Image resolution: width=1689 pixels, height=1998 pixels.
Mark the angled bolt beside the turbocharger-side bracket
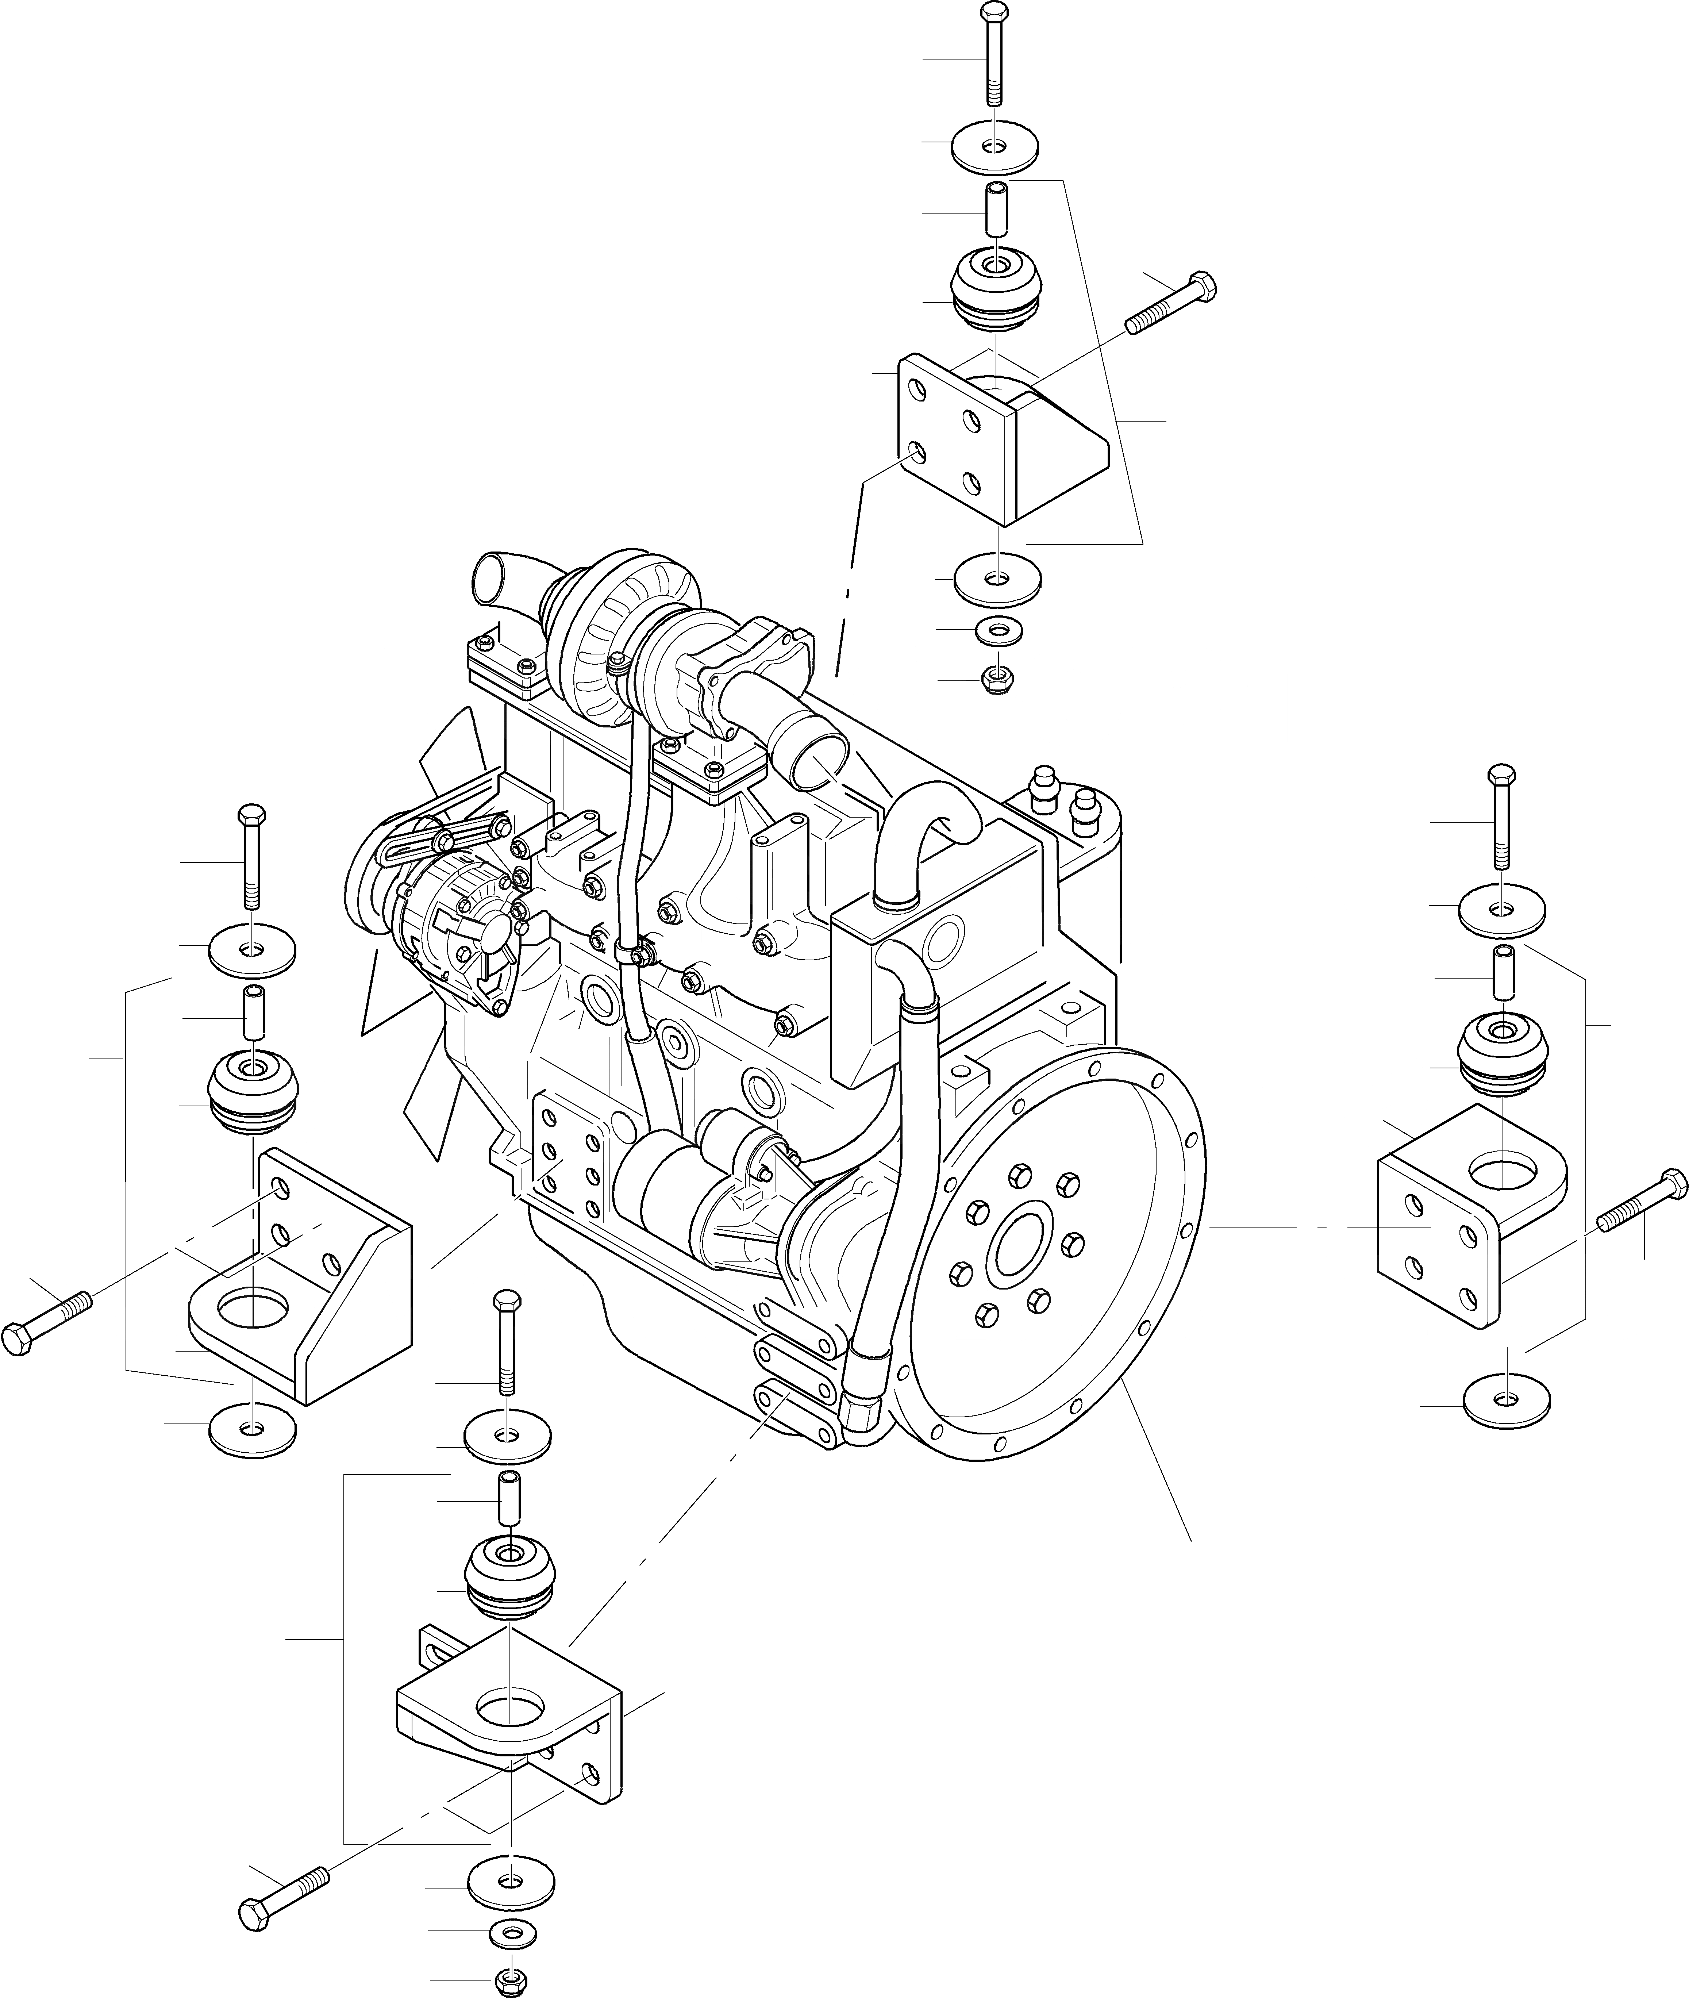coord(1173,301)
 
